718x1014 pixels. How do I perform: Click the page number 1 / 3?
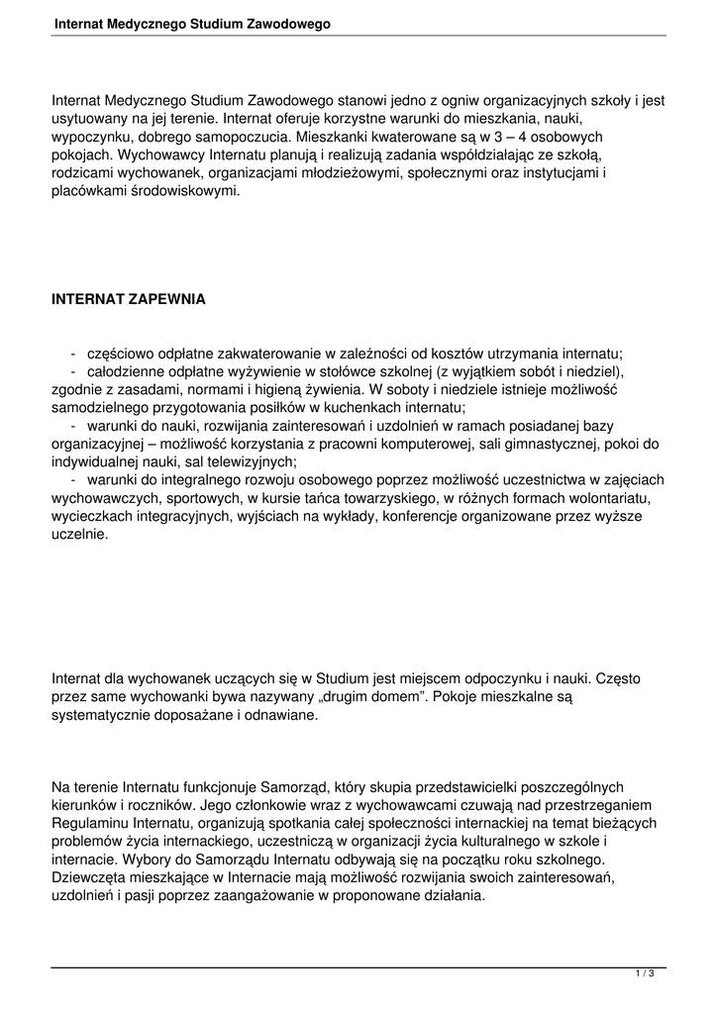pos(645,974)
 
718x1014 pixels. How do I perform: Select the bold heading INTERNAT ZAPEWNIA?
pos(129,298)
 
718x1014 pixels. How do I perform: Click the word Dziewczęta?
pos(89,876)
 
